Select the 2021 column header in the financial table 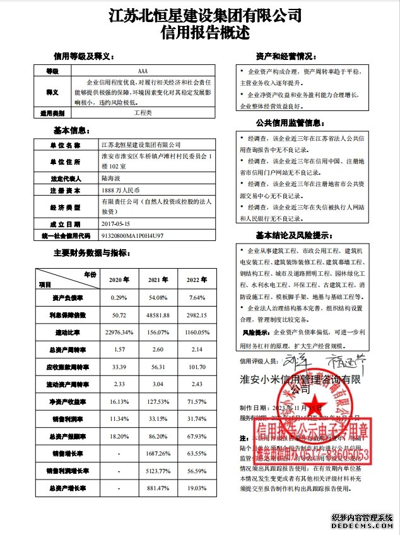157,280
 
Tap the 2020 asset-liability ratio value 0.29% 119,297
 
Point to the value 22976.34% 119,332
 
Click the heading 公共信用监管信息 290,122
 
